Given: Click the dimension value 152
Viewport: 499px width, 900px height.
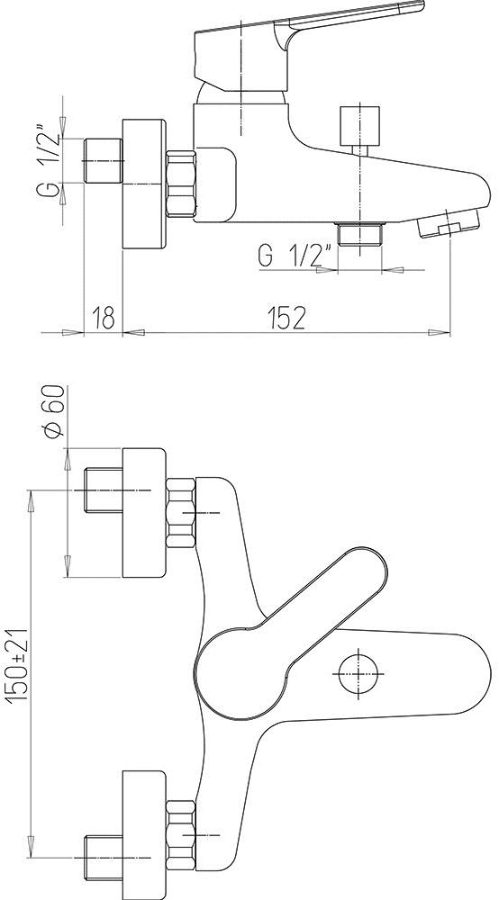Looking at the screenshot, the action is (286, 317).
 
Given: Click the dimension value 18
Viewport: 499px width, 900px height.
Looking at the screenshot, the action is (104, 317).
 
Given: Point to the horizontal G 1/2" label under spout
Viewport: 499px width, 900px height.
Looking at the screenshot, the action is (296, 255).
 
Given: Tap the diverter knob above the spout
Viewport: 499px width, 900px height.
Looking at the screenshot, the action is (360, 126).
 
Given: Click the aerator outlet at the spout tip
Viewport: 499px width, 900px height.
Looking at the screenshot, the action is (448, 224).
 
